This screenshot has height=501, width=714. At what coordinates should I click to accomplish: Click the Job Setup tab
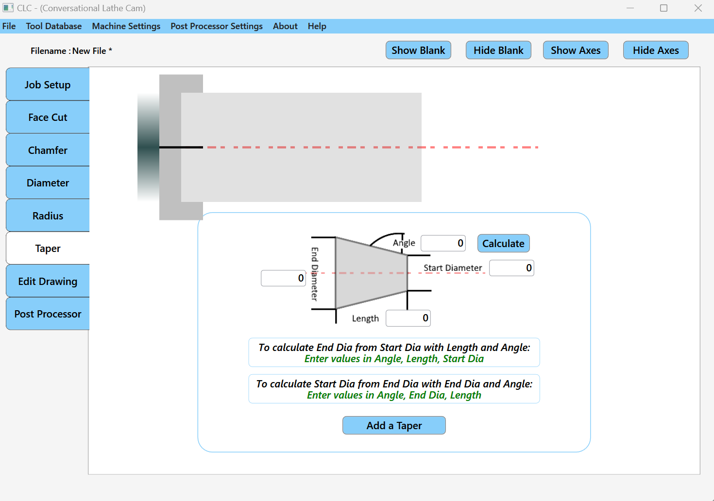pos(48,85)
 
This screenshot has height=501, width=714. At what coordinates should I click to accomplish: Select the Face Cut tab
pos(48,117)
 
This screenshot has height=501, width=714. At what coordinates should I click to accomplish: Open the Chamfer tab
pos(48,150)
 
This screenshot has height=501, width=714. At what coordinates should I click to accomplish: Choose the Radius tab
pos(48,216)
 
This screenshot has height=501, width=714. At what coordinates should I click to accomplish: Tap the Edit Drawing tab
pos(48,282)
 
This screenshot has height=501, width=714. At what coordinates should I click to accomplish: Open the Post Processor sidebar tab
pos(48,314)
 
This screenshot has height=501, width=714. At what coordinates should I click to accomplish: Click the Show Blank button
pos(418,50)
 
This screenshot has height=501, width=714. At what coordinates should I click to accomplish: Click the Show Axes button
pos(576,50)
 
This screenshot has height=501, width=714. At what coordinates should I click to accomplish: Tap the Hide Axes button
pos(656,50)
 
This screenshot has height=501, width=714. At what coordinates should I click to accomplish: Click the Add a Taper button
pos(394,426)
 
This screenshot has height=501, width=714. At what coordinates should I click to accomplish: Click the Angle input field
pos(443,243)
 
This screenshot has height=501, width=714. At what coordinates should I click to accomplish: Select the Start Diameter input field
pos(511,268)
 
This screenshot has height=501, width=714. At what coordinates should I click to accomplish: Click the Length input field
pos(408,318)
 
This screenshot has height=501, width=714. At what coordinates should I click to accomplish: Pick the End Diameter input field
pos(283,278)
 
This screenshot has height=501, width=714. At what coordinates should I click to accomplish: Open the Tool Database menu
pos(54,26)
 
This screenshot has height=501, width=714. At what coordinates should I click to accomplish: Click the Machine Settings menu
pos(126,26)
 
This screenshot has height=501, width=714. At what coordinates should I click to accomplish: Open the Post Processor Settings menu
pos(217,26)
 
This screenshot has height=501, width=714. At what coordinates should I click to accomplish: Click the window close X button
pos(698,8)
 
